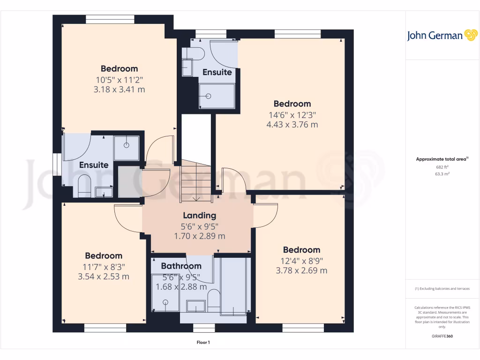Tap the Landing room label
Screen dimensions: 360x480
click(200, 216)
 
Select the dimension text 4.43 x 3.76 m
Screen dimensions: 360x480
click(292, 125)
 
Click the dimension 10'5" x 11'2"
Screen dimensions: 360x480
click(119, 79)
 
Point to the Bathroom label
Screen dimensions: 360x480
click(181, 266)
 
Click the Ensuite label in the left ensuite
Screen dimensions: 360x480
click(94, 165)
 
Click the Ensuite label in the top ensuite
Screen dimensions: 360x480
click(217, 72)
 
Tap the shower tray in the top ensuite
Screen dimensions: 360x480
click(217, 96)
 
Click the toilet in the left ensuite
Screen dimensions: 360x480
click(84, 186)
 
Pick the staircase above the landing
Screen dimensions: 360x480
click(196, 180)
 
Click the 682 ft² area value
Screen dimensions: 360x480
click(442, 167)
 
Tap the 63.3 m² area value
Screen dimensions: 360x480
click(442, 173)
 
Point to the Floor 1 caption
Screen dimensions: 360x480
click(203, 343)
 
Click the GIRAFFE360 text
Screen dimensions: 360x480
click(442, 336)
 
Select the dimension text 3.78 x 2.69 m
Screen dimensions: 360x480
click(301, 270)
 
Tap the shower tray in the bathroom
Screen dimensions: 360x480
click(165, 293)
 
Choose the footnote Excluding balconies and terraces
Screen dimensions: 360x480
click(442, 289)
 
